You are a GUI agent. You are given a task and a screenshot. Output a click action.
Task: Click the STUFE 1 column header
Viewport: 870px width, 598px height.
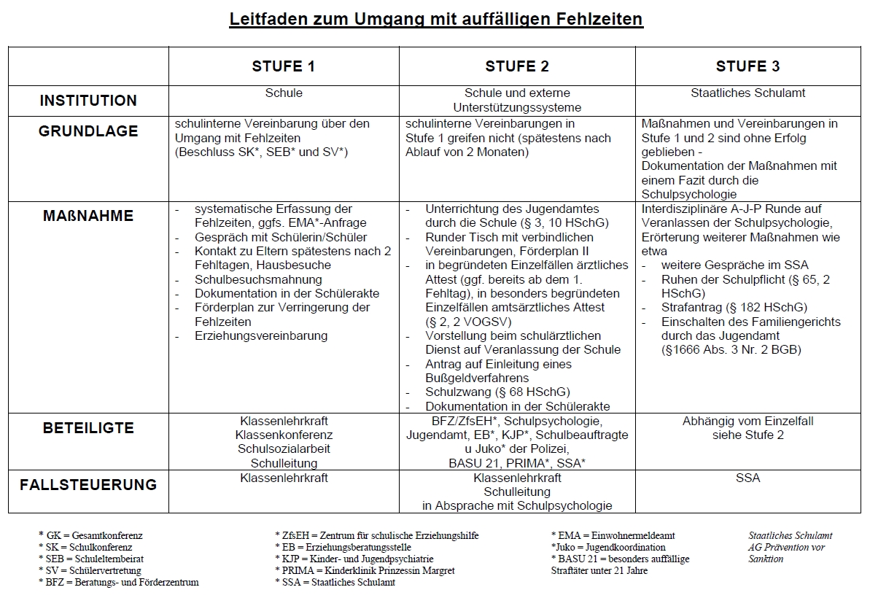point(284,66)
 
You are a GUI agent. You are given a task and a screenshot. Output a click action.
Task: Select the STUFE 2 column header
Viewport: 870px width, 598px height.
point(517,66)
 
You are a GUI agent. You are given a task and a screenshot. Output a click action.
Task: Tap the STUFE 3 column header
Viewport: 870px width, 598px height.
point(747,66)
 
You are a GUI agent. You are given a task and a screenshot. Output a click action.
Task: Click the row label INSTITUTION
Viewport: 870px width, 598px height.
point(88,101)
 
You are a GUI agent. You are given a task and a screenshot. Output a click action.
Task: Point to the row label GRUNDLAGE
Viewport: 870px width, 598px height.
point(88,131)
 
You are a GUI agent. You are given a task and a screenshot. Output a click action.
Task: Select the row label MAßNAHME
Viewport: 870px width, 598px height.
point(88,216)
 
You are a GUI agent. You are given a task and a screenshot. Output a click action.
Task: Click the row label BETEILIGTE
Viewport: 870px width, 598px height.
point(88,427)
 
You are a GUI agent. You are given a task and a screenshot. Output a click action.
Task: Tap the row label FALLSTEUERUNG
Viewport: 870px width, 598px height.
point(88,484)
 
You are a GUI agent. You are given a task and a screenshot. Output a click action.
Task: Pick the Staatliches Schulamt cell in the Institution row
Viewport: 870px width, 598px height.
point(748,93)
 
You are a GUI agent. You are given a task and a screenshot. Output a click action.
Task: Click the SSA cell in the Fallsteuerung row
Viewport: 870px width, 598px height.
point(748,478)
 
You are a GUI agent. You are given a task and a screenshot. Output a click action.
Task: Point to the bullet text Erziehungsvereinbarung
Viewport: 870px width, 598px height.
point(261,335)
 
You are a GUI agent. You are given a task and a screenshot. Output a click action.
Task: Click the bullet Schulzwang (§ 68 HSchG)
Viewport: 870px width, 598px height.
point(497,392)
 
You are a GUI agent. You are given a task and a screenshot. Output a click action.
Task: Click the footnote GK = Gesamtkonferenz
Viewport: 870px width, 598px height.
point(91,535)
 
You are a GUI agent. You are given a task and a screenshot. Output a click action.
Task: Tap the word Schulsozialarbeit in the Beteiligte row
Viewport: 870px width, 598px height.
point(284,449)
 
